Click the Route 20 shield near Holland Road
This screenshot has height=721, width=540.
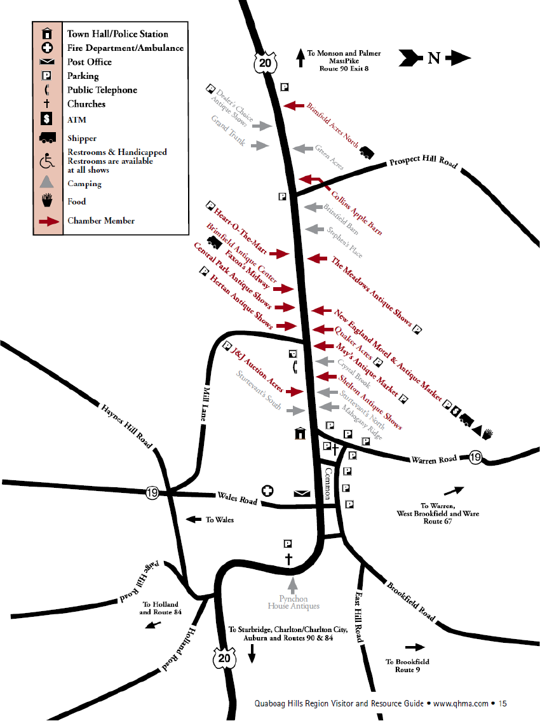coord(224,658)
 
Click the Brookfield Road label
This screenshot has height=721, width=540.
coord(412,601)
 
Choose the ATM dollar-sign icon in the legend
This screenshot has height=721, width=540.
coord(47,119)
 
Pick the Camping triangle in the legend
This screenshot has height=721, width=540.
coord(47,183)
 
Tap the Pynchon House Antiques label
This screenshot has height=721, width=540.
coord(293,602)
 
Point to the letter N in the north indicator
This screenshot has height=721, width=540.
coord(433,58)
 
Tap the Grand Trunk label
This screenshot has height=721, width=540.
coord(228,131)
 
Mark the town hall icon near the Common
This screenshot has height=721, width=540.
coord(299,433)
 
